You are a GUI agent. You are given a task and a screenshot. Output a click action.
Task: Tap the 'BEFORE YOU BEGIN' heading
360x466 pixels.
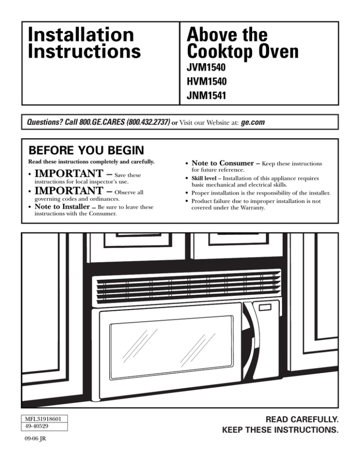click(86, 151)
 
